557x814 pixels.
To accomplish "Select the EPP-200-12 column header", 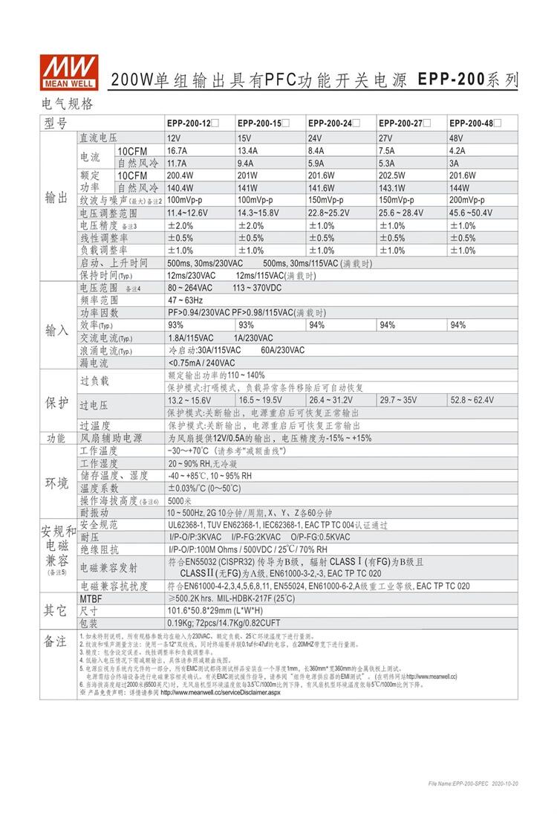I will [x=191, y=123].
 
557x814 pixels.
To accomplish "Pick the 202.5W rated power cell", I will [x=394, y=175].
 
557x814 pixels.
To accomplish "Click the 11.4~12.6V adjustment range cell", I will [x=188, y=213].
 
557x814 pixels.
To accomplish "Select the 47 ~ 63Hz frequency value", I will [x=185, y=300].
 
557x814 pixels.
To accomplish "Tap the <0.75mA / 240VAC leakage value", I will [x=202, y=363].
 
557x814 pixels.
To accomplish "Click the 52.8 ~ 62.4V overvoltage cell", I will [x=472, y=400].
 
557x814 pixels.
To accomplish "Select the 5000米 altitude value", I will [x=181, y=500].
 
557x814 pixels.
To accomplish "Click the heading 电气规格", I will [x=68, y=103].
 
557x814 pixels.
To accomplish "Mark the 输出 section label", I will [x=56, y=197].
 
